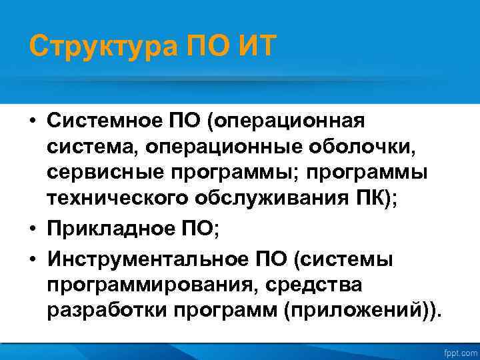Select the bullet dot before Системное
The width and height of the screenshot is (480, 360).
click(x=32, y=123)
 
